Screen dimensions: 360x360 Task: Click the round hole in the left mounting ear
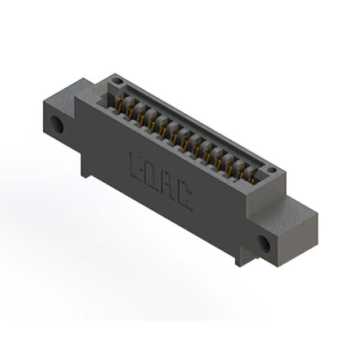pyautogui.click(x=57, y=125)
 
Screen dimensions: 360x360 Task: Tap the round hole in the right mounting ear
pyautogui.click(x=264, y=244)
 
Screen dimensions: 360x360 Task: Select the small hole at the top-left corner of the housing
pyautogui.click(x=116, y=81)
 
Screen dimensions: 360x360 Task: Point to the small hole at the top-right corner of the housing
pyautogui.click(x=272, y=170)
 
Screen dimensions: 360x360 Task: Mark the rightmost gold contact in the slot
pyautogui.click(x=252, y=178)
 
